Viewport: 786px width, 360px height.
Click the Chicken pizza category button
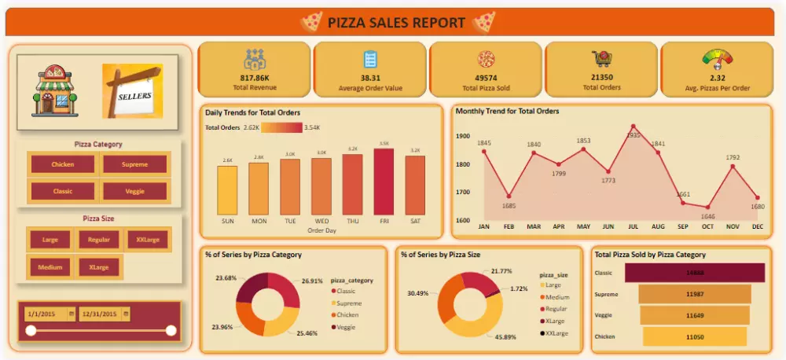[63, 164]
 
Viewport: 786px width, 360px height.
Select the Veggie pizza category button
[134, 191]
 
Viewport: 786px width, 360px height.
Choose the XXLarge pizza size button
[147, 240]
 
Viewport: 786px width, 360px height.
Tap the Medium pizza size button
[50, 267]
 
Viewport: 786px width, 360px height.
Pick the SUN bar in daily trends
[227, 190]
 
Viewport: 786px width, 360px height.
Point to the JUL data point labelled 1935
[634, 126]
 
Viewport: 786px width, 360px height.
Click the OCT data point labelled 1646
[708, 208]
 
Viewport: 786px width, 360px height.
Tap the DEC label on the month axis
[757, 226]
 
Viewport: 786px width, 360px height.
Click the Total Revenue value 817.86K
[255, 79]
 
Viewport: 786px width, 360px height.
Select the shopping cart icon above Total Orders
[601, 59]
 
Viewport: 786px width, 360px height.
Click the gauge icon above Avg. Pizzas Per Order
[717, 59]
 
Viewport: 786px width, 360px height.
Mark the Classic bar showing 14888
[694, 273]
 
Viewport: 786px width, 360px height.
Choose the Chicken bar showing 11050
[695, 336]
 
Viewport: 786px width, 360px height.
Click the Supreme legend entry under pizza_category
[347, 303]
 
